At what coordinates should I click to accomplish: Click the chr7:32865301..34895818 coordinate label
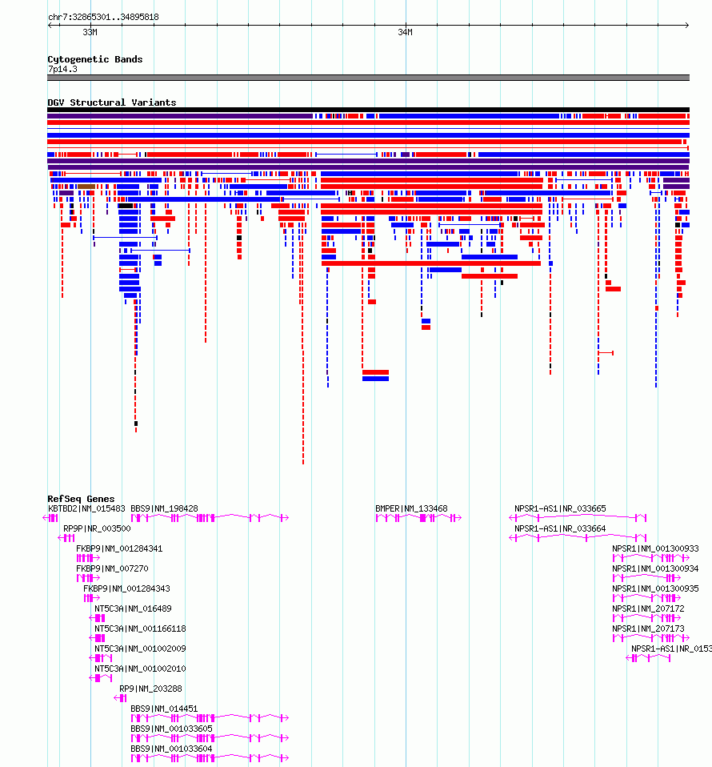pos(103,17)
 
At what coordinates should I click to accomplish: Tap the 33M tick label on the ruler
pos(90,32)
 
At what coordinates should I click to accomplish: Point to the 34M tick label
pos(405,32)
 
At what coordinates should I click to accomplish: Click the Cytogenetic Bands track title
pos(95,59)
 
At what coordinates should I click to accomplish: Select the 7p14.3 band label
pos(62,69)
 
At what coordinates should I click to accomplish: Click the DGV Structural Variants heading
pos(111,102)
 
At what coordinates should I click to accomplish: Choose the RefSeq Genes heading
pos(81,499)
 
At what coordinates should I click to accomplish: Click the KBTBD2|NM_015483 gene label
pos(86,508)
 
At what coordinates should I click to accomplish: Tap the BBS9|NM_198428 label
pos(164,508)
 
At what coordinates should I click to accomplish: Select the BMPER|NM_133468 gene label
pos(411,508)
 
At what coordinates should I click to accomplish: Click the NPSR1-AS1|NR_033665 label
pos(560,508)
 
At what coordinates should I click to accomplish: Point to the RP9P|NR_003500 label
pos(97,528)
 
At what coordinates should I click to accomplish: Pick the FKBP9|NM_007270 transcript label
pos(112,569)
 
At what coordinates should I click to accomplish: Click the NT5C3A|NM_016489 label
pos(133,609)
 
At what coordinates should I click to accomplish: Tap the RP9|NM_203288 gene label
pos(150,689)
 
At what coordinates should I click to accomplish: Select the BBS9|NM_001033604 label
pos(171,749)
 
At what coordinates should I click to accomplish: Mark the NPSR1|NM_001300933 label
pos(655,549)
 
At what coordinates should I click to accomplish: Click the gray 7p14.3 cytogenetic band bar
pos(369,78)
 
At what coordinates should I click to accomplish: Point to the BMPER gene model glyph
pos(418,518)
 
